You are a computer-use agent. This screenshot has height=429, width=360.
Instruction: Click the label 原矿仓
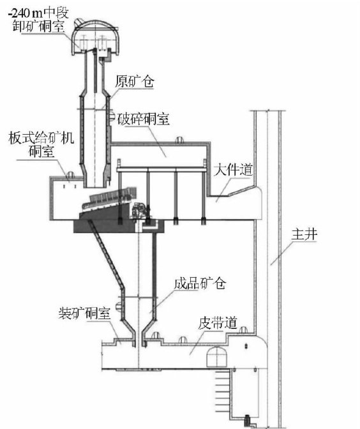click(134, 81)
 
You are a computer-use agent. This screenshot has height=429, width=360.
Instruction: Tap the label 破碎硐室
click(144, 119)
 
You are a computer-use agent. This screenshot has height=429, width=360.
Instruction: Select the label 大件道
click(234, 170)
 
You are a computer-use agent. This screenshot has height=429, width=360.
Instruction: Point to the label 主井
click(304, 234)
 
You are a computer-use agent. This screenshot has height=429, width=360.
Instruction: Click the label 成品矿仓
click(200, 283)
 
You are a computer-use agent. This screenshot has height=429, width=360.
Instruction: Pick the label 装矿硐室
click(84, 313)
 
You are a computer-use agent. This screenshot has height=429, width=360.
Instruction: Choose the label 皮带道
click(218, 323)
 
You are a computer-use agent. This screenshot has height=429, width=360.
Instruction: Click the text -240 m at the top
click(24, 13)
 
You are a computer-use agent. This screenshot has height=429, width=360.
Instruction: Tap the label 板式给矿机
click(41, 138)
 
